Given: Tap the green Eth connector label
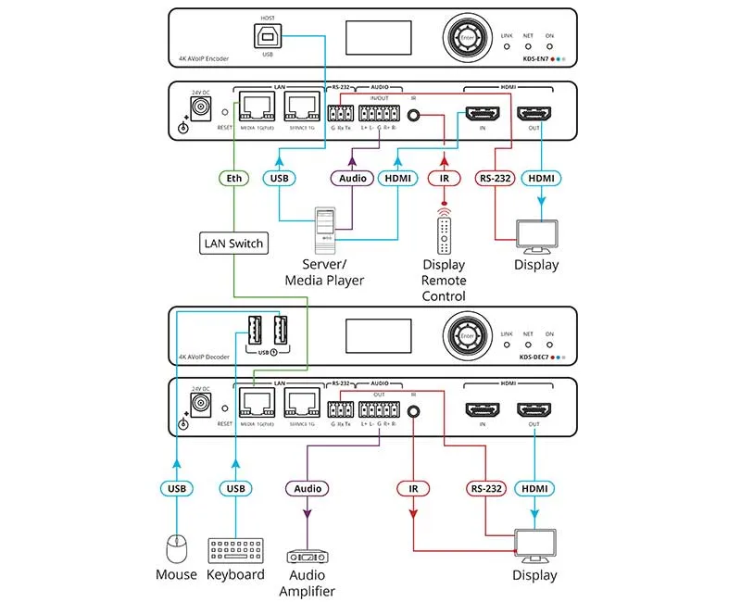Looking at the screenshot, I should [x=234, y=177].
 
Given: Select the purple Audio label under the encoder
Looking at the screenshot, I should [x=351, y=177].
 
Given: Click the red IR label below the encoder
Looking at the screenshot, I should [x=446, y=177].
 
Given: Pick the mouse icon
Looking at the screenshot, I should [x=176, y=549].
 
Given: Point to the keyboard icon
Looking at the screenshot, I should [x=235, y=547].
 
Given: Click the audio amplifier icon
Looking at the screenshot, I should [x=309, y=558].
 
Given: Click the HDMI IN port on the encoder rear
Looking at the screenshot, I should [x=482, y=115].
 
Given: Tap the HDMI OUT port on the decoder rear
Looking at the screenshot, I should [x=534, y=408].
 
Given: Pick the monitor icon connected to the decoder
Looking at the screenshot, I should [x=534, y=546].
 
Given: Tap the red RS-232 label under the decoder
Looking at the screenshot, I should [x=487, y=487].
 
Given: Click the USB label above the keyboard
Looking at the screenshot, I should [x=235, y=487].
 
